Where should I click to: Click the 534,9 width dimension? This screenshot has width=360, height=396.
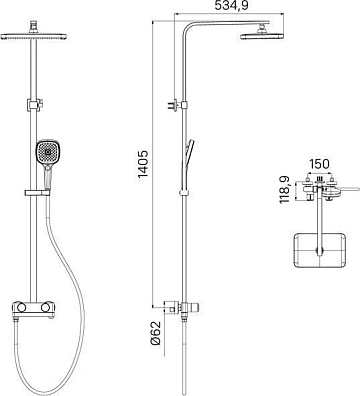tap(231, 6)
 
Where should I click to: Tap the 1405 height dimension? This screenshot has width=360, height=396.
tap(143, 164)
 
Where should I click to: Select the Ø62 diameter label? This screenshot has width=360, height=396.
tap(156, 333)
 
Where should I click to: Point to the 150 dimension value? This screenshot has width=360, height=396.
tap(319, 164)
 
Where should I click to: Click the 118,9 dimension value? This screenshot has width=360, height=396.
tap(285, 190)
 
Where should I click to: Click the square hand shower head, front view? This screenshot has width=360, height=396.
tap(49, 152)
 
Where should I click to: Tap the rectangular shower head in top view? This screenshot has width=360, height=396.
tap(319, 250)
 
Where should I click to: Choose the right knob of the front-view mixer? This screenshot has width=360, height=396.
tap(47, 306)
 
